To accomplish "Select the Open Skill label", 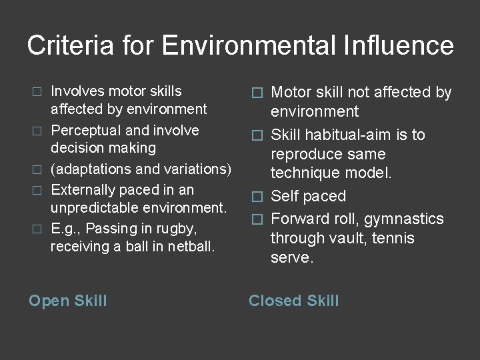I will click(67, 301).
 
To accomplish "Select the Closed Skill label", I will click(293, 301).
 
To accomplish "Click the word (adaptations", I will click(93, 168).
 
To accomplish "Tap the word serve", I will click(291, 258).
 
